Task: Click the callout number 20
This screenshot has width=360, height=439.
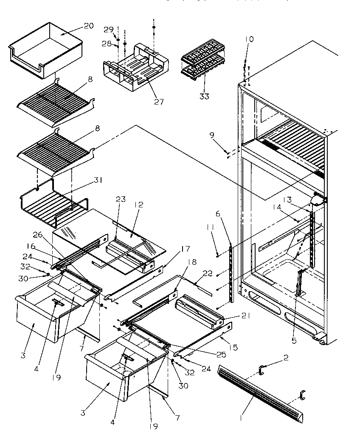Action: pos(88,26)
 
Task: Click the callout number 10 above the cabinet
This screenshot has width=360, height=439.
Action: pos(249,39)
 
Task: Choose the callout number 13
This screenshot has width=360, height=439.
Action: pos(287,200)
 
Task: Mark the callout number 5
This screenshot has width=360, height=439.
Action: pos(294,340)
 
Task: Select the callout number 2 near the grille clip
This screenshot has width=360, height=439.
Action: pos(286,358)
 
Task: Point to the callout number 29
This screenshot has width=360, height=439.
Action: pos(108,29)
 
